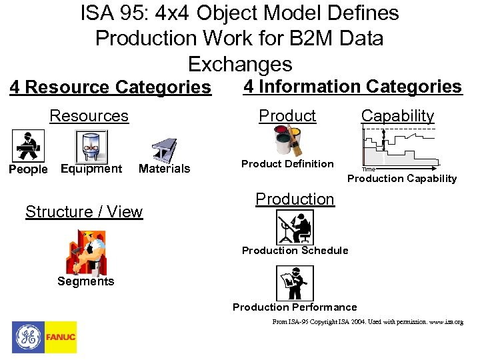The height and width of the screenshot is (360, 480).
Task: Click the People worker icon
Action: pos(29,145)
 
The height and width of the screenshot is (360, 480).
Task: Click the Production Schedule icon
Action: pos(294,227)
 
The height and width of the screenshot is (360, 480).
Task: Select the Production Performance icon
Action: pos(294,283)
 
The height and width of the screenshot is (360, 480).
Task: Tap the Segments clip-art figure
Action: pos(85,252)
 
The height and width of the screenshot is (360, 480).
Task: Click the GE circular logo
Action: pos(28,337)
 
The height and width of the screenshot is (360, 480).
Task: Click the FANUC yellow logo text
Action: pos(61,337)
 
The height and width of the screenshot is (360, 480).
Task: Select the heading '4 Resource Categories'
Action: pos(110,87)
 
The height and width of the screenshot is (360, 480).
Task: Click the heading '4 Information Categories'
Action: pos(353,87)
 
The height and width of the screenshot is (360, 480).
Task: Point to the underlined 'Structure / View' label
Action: pos(84,212)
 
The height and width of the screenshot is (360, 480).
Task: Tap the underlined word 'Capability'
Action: pos(397,115)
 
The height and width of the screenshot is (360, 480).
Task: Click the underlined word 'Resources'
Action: pos(89,116)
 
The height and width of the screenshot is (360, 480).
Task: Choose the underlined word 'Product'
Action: pos(287,115)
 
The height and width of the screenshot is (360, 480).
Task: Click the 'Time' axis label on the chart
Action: pos(369,169)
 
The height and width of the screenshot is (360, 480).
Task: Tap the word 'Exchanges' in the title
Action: pos(240,64)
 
